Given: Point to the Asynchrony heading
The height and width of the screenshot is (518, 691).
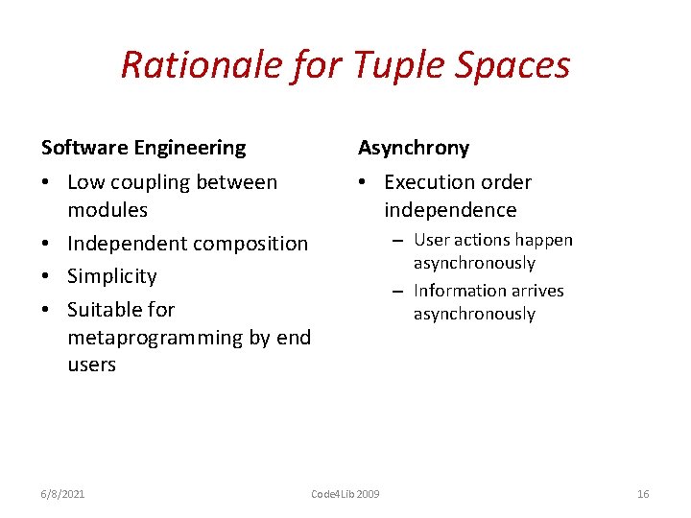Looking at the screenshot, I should tap(414, 148).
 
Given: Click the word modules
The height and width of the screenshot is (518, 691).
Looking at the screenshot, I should tap(107, 209).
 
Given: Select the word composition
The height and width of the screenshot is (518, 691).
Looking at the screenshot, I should tap(246, 244).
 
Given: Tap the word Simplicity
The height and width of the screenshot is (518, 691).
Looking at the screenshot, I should tap(112, 276).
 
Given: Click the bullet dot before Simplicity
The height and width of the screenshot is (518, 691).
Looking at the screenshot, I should tap(47, 277).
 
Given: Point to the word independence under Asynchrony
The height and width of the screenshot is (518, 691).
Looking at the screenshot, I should tap(450, 210).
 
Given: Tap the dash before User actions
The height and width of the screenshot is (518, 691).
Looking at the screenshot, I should tap(396, 241).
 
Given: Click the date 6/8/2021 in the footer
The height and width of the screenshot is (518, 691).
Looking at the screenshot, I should tap(63, 494).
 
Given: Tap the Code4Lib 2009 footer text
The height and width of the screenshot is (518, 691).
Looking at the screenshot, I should tap(345, 494).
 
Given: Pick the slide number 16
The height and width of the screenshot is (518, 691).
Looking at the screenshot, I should tap(643, 494).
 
